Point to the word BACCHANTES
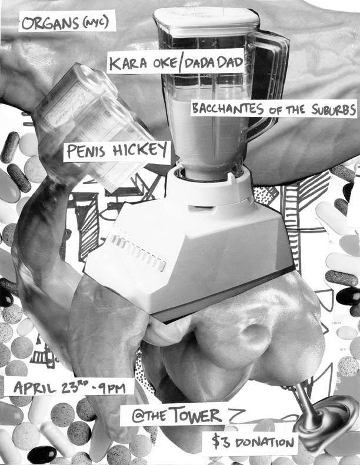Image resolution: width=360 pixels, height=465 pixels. coord(228,108)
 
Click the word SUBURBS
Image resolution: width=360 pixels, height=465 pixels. coord(334,110)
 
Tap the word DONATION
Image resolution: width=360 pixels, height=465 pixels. coord(265,443)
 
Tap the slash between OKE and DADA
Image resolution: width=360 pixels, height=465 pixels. coord(180,63)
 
